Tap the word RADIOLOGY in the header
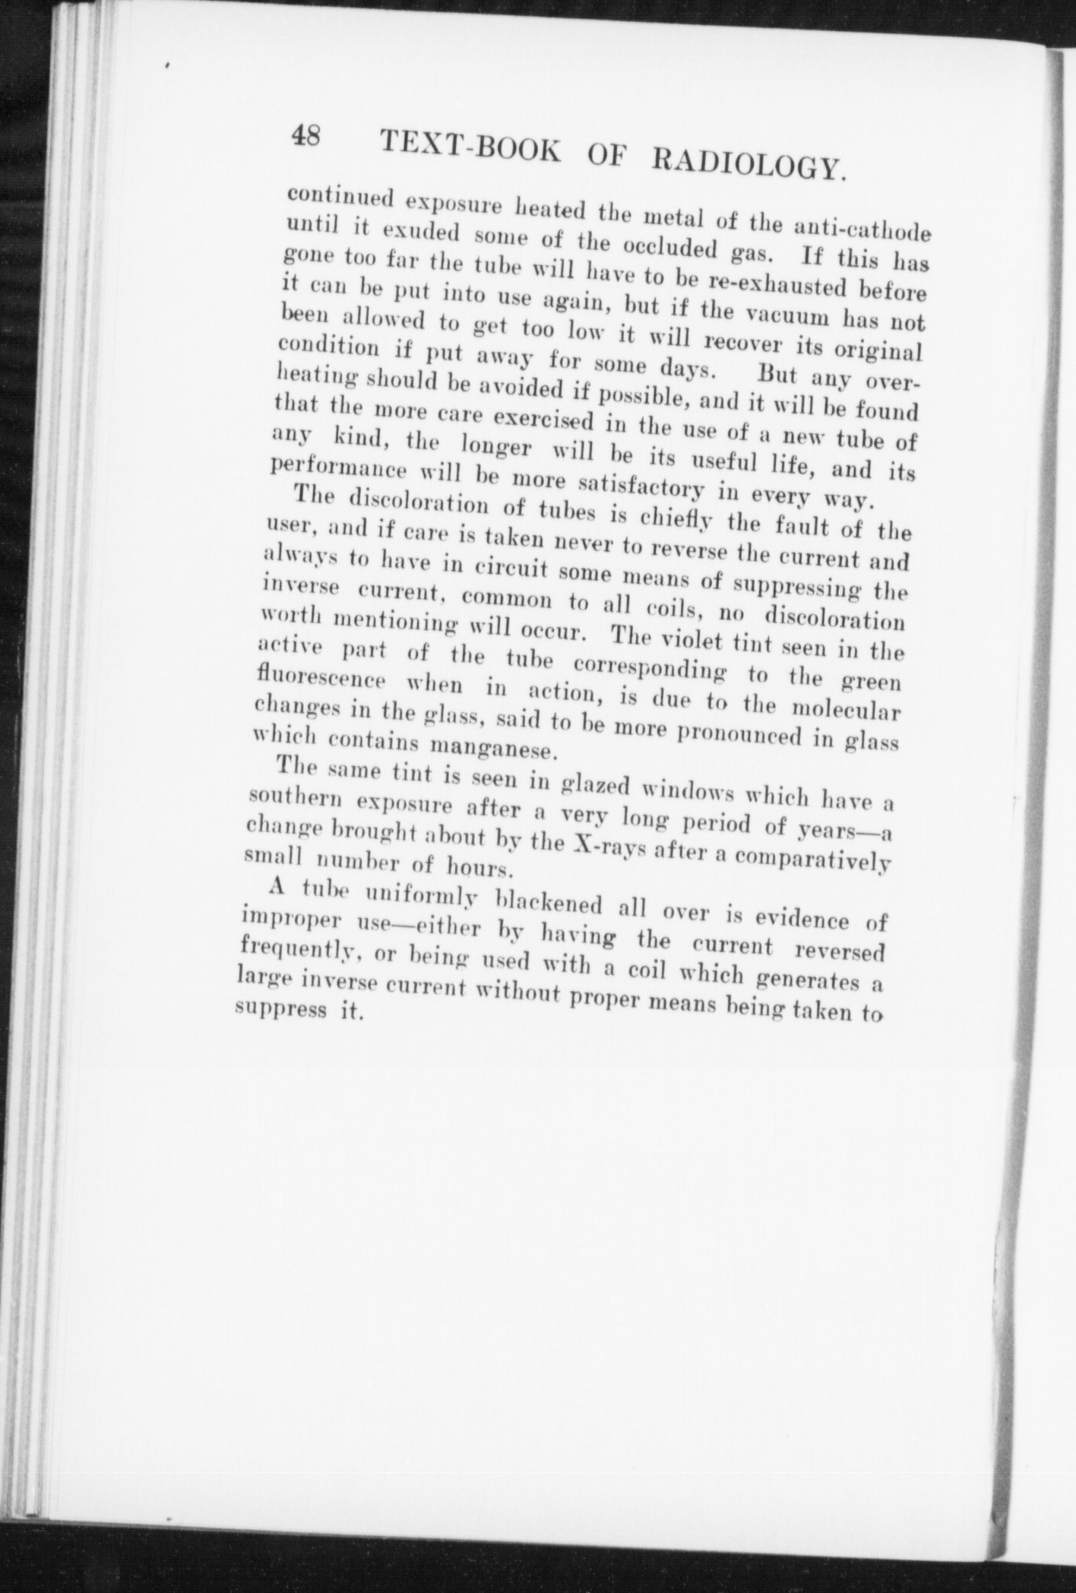750,158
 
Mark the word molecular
846,711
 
